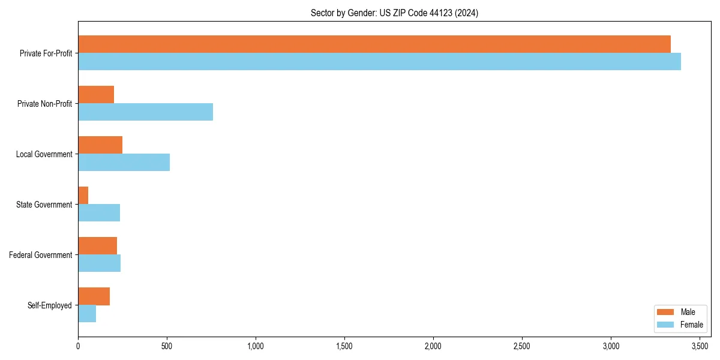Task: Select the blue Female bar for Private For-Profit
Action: coord(379,62)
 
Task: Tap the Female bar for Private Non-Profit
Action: coord(145,112)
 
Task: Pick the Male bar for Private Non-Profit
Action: coord(96,95)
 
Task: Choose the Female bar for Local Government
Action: coord(124,163)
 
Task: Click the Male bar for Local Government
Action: coord(100,145)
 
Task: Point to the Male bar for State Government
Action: coord(83,196)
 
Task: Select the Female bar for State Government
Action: coord(99,213)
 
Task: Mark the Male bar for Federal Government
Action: coord(97,246)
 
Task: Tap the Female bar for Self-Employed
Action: coord(87,314)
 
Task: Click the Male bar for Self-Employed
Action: coord(94,296)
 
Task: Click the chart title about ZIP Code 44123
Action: coord(394,13)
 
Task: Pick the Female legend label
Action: coord(692,325)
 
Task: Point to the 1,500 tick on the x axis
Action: coord(344,346)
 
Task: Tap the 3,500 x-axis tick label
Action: coord(700,346)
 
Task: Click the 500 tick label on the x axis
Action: coord(167,346)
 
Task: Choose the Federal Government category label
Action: coord(41,255)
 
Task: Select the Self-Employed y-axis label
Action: coord(50,305)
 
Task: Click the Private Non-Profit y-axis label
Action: coord(44,104)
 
